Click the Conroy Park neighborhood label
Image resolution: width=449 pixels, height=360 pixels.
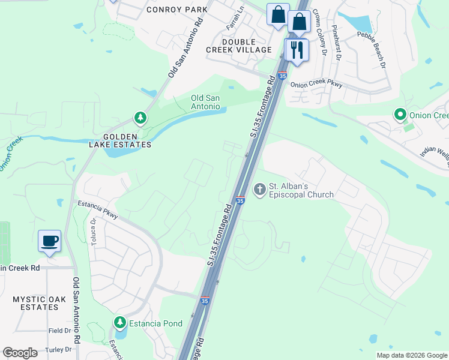pos(177,10)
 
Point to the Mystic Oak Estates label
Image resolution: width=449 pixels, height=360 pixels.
pos(36,303)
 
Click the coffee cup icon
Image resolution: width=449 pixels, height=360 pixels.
pos(49,241)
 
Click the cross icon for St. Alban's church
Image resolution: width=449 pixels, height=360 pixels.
pos(260,190)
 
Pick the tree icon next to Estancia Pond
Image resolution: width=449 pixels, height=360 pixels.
pos(120,323)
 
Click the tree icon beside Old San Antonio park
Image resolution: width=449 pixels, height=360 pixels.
pos(140,118)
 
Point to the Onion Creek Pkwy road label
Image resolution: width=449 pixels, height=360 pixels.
pos(316,85)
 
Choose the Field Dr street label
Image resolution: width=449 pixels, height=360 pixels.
pos(59,331)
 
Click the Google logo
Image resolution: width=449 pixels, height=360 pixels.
pos(20,353)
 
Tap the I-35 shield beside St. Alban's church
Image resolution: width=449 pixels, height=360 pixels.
pos(240,200)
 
